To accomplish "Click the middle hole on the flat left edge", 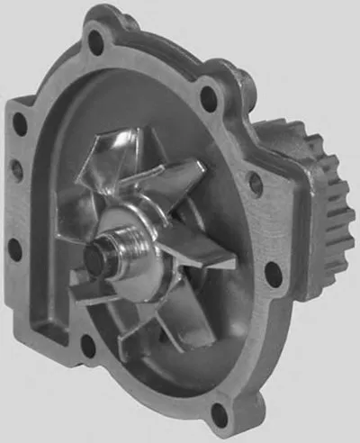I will pyautogui.click(x=16, y=166).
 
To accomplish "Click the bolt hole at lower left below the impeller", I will pyautogui.click(x=87, y=343).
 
